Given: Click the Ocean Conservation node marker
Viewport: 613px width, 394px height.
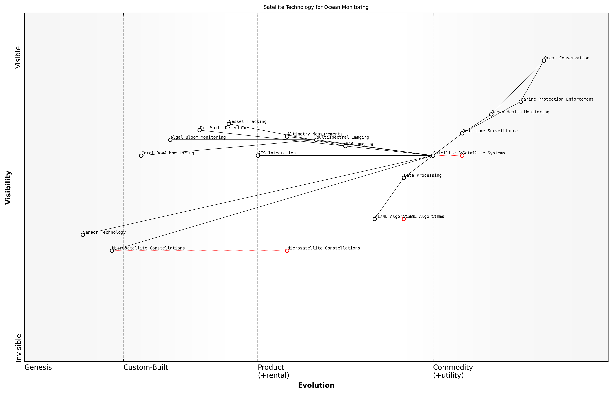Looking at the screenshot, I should (x=544, y=61).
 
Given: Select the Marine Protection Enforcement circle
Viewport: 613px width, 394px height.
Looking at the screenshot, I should (x=521, y=102).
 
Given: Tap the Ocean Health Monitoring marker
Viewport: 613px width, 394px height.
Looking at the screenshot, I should (x=491, y=114).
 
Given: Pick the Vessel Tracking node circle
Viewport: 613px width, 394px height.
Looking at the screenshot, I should (x=229, y=124).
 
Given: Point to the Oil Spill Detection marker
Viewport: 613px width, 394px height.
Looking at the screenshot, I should (x=200, y=130).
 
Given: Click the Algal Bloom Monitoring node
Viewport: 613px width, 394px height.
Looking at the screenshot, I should (x=170, y=140).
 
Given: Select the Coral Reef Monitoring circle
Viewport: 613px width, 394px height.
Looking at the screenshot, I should (x=141, y=156).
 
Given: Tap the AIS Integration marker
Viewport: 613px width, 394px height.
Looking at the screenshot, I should (x=258, y=156).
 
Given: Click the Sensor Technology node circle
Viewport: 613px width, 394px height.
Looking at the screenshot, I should (x=83, y=235).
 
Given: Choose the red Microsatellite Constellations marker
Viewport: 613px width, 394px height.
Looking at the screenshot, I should (x=287, y=251).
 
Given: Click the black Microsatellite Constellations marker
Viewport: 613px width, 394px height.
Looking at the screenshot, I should (x=112, y=251).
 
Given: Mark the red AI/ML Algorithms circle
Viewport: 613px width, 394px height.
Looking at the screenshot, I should (x=404, y=219).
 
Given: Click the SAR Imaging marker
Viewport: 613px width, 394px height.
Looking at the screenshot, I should (x=345, y=146).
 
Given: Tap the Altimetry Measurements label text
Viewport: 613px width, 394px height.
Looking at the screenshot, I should (x=315, y=134).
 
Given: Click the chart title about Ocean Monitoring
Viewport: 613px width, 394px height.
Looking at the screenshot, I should (x=316, y=7).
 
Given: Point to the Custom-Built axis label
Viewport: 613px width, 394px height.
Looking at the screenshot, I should (x=146, y=367).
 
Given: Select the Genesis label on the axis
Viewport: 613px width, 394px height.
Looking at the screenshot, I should (x=38, y=367).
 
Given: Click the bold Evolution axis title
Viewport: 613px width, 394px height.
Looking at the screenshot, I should (x=316, y=385).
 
